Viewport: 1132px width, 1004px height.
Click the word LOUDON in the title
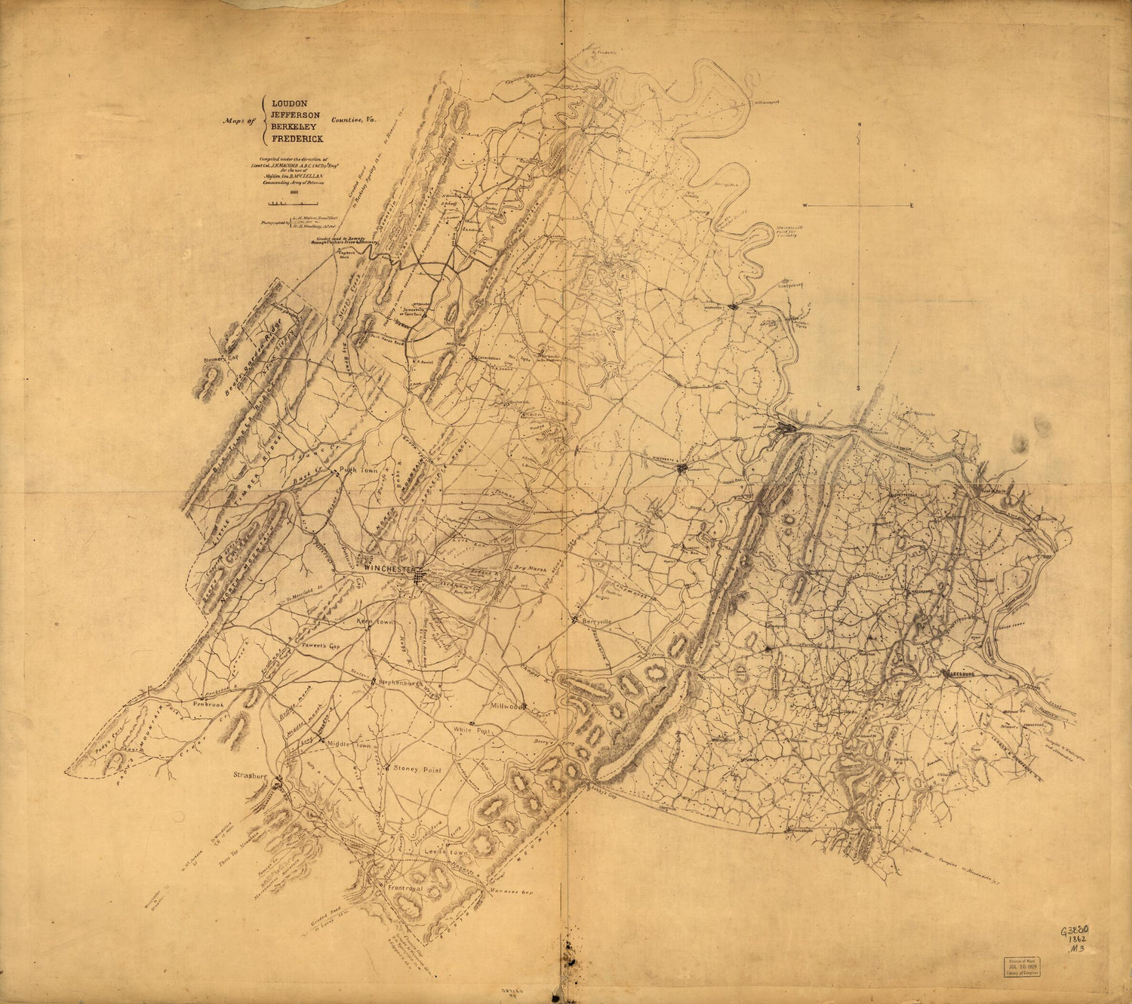291,103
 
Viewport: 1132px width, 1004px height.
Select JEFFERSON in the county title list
298,115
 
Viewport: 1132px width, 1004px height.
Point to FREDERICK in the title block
297,140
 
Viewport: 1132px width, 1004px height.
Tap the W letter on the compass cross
805,206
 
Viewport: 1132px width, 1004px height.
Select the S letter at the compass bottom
858,388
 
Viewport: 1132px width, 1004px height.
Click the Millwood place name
507,708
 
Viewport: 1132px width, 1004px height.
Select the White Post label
472,731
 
